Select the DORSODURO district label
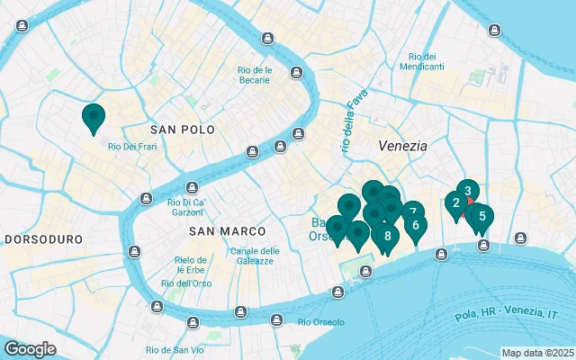[44, 240]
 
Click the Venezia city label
[402, 145]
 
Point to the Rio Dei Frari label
[133, 147]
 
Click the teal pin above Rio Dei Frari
[93, 117]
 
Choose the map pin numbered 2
[456, 203]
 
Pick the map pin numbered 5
[482, 216]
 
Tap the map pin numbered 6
[415, 225]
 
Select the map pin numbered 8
[387, 237]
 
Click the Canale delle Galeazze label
[255, 256]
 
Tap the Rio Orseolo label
[320, 322]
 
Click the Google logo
[30, 348]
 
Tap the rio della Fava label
[350, 127]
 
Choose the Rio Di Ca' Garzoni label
[187, 207]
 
